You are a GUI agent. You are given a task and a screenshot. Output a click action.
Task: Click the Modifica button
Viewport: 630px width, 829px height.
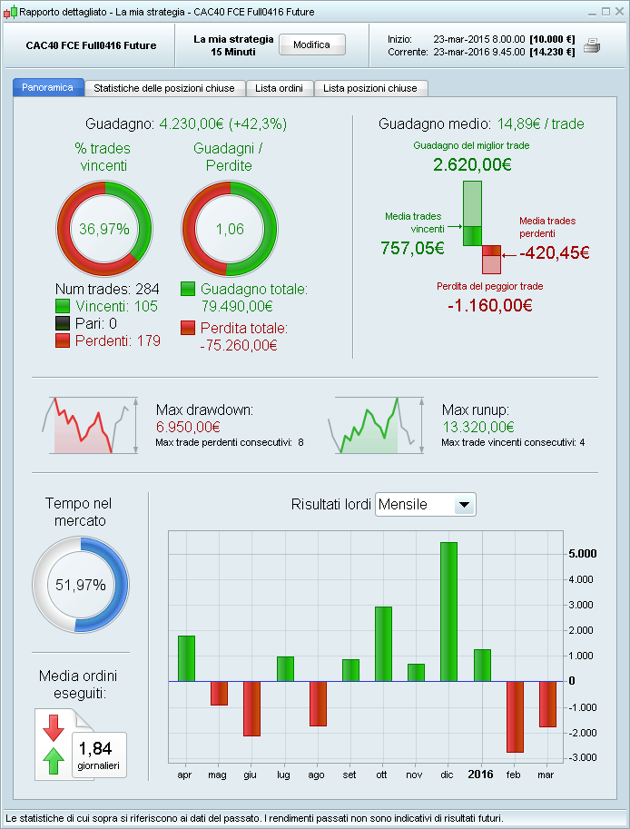click(311, 44)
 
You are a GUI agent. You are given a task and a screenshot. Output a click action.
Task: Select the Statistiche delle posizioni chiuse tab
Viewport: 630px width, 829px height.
click(164, 88)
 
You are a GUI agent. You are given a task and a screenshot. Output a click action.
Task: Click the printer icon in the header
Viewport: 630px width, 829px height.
click(592, 46)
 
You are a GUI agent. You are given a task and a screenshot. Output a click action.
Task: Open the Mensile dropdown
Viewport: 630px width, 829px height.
click(463, 505)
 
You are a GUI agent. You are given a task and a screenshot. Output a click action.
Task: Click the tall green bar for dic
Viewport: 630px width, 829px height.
click(448, 611)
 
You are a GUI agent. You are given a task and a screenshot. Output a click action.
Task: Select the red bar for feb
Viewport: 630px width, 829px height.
click(515, 716)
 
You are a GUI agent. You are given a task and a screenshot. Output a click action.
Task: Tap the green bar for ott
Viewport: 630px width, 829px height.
click(383, 644)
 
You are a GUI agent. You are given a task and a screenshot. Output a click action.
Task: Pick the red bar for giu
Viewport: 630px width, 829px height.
click(251, 708)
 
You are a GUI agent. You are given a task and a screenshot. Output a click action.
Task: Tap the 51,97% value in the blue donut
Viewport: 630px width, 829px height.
click(81, 585)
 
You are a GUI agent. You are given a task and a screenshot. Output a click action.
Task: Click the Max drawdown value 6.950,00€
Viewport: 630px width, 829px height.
click(188, 426)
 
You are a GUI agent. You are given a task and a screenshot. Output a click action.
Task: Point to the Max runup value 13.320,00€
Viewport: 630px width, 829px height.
click(477, 426)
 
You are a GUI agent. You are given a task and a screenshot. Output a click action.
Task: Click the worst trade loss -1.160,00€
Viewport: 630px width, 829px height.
click(489, 305)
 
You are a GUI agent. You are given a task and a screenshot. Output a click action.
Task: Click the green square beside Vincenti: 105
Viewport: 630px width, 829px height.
click(63, 306)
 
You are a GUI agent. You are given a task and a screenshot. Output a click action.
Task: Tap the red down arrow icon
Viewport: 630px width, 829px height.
click(52, 727)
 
